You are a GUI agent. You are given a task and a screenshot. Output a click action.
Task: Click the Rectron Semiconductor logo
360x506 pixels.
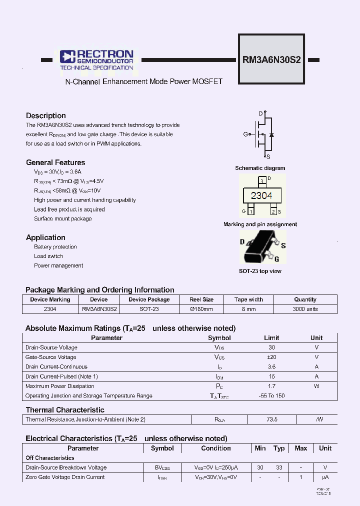pyautogui.click(x=96, y=60)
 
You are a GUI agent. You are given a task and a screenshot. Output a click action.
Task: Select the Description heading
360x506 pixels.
pyautogui.click(x=46, y=115)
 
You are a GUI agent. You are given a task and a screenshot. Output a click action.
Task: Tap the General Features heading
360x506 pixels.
pyautogui.click(x=55, y=162)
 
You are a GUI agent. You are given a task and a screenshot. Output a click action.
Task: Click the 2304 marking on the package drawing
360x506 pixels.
pyautogui.click(x=261, y=195)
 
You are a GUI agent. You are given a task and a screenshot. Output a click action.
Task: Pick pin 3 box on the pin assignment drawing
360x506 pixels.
pyautogui.click(x=261, y=180)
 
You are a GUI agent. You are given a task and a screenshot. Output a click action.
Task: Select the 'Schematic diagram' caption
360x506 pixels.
pyautogui.click(x=260, y=168)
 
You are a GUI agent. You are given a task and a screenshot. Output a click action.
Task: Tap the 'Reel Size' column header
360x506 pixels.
pyautogui.click(x=201, y=299)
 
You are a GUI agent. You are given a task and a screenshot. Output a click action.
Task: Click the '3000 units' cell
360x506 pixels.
pyautogui.click(x=305, y=309)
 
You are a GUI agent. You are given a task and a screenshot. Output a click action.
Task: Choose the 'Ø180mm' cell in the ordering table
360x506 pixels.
pyautogui.click(x=201, y=309)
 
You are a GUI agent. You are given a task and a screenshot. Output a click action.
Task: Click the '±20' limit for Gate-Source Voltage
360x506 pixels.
pyautogui.click(x=271, y=357)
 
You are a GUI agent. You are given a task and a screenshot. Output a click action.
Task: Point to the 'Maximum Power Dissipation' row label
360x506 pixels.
pyautogui.click(x=59, y=386)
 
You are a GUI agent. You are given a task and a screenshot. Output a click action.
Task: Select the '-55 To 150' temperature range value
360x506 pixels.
pyautogui.click(x=271, y=395)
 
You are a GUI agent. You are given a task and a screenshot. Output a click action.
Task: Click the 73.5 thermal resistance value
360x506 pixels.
pyautogui.click(x=271, y=419)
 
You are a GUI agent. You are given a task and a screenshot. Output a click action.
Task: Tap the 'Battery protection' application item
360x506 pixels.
pyautogui.click(x=55, y=247)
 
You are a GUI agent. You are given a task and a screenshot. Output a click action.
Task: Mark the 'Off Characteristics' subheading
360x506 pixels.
pyautogui.click(x=50, y=458)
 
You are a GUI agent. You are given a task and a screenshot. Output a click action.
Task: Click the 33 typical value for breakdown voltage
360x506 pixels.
pyautogui.click(x=279, y=467)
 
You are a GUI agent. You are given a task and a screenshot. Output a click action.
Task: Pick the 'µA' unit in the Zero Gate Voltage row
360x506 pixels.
pyautogui.click(x=325, y=477)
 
